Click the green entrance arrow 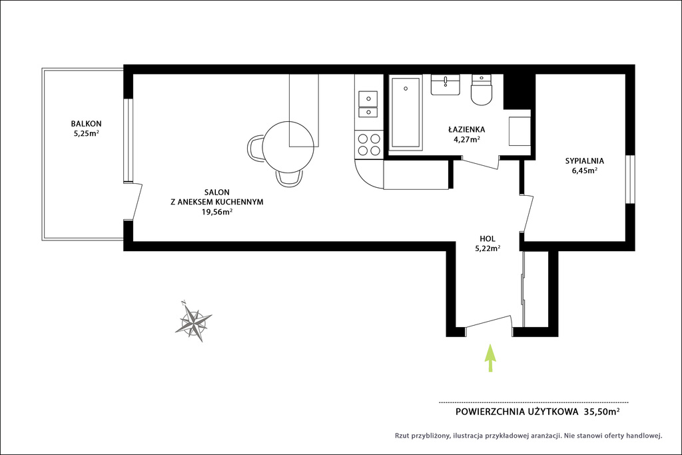490,358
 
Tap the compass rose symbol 193,321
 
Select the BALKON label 86,123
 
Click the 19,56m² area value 216,212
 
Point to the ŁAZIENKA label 467,130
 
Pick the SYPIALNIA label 585,161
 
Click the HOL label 487,238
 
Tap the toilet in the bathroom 482,90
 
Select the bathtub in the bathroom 406,112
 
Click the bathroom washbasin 446,85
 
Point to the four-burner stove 368,145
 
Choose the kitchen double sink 368,105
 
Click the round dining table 288,147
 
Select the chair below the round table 289,179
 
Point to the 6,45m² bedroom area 585,171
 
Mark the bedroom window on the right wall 630,179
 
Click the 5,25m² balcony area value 86,133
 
